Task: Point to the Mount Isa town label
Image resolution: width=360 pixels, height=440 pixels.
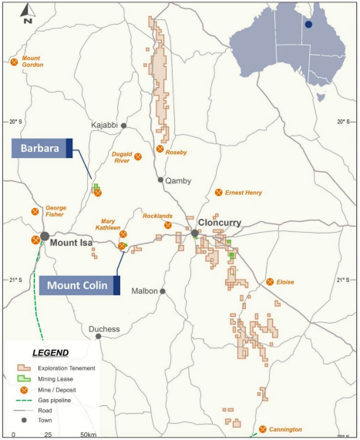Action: click(72, 242)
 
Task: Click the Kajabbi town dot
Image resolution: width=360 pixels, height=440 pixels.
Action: click(123, 125)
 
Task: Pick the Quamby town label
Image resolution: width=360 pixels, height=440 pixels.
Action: click(179, 180)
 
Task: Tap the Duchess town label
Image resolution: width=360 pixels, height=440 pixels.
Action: click(104, 329)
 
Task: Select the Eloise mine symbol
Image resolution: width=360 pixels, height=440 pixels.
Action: click(270, 282)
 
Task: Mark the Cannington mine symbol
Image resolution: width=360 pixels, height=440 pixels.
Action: click(262, 428)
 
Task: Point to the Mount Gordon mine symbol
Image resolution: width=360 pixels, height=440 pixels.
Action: click(13, 62)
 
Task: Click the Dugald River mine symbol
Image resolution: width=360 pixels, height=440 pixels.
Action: click(139, 156)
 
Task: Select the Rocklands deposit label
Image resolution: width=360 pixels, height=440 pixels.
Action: click(157, 217)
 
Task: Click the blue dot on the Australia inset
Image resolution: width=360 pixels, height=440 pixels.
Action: click(308, 24)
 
